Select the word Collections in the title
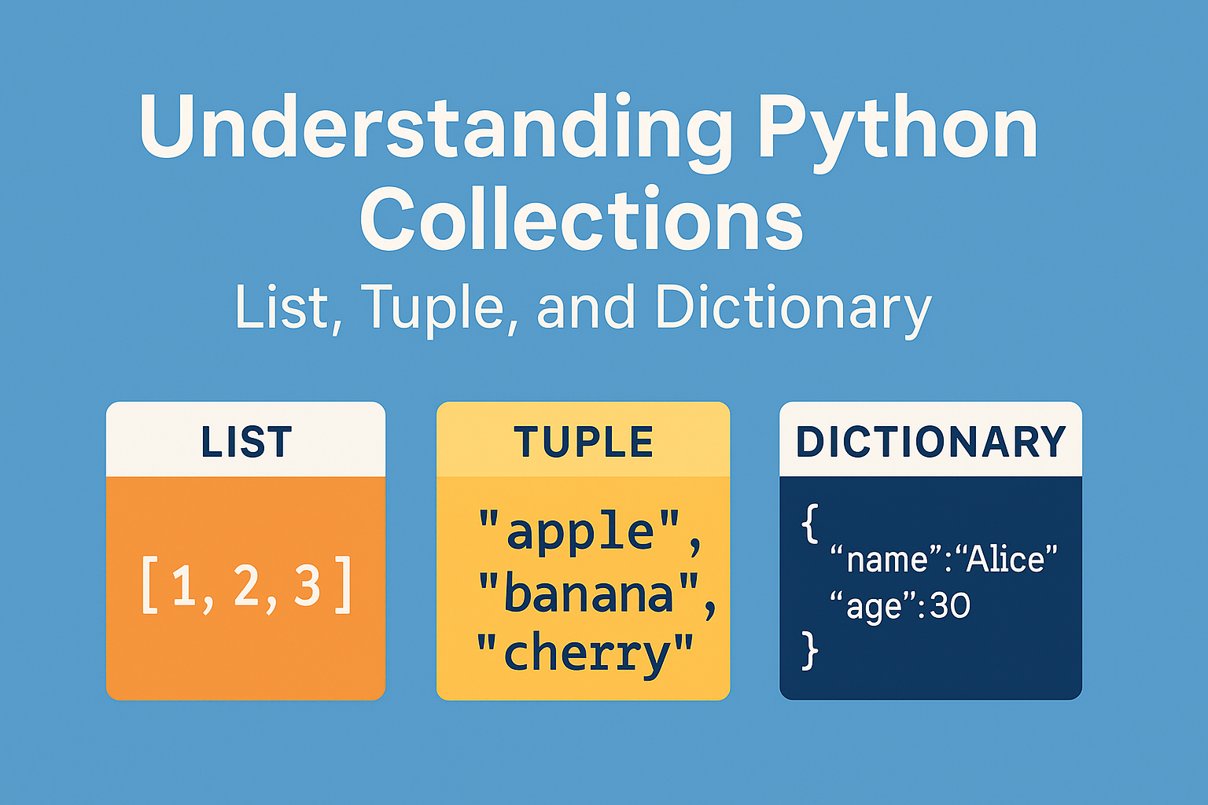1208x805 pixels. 581,218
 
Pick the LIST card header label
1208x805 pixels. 246,442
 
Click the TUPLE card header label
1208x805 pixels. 583,442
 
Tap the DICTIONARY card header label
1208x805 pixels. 931,442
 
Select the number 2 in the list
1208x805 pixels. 246,585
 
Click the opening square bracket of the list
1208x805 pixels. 149,585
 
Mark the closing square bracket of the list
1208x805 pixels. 344,585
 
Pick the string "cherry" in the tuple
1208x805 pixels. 584,654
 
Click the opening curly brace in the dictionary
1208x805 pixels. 810,523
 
